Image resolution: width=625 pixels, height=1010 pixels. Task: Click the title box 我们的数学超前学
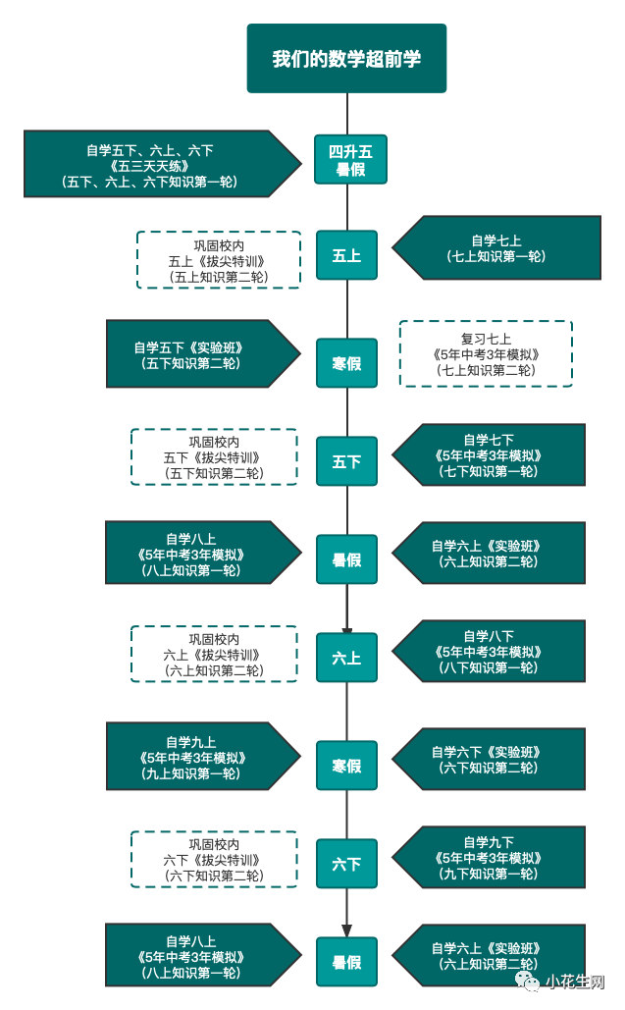click(346, 59)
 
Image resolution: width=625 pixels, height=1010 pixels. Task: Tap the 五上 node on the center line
click(346, 255)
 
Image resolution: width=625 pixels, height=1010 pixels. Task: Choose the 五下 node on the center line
click(346, 461)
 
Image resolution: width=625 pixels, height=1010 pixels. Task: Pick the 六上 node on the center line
click(346, 658)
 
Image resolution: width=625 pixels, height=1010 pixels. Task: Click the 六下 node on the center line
click(346, 864)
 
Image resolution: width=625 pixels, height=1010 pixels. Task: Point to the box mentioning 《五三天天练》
click(152, 165)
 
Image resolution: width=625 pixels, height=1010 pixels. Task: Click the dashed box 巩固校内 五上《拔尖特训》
click(218, 260)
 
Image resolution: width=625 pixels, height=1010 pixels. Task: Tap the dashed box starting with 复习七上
click(486, 353)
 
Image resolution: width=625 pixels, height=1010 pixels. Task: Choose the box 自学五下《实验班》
click(191, 354)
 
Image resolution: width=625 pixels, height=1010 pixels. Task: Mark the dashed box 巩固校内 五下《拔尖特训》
click(214, 456)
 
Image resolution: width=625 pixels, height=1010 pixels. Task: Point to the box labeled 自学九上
click(192, 757)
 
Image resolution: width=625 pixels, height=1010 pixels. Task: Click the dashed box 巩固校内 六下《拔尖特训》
click(214, 859)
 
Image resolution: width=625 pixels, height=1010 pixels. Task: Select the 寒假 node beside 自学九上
click(346, 766)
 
